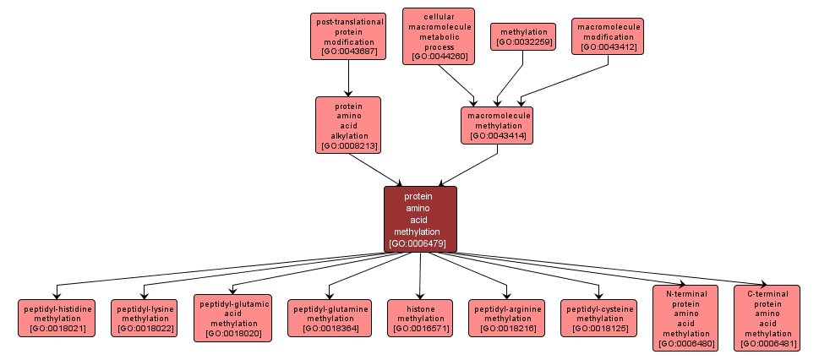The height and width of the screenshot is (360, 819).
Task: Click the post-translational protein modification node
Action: (349, 36)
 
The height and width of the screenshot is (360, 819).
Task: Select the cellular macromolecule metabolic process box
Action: (439, 36)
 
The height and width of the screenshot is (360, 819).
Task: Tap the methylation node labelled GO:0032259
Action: (523, 36)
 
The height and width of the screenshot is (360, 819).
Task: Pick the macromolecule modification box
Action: (609, 36)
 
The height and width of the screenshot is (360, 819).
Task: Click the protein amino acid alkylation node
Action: (348, 124)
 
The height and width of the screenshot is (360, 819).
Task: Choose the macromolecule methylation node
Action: (497, 124)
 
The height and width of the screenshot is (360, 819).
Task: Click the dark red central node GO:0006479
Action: (420, 219)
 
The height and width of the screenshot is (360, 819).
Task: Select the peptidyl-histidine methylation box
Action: (57, 317)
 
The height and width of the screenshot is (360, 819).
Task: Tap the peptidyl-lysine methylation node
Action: (146, 317)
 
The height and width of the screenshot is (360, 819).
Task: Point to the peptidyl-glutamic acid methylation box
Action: (232, 317)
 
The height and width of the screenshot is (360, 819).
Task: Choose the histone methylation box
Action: (420, 317)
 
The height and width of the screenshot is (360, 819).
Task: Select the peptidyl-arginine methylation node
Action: (505, 317)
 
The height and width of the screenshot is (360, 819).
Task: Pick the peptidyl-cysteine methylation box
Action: (599, 317)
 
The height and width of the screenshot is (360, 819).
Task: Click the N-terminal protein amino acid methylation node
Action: (685, 317)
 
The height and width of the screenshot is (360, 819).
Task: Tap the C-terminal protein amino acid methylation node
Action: (767, 317)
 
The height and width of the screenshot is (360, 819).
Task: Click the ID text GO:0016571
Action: (420, 328)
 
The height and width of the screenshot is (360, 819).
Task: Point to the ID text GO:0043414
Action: (497, 135)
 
